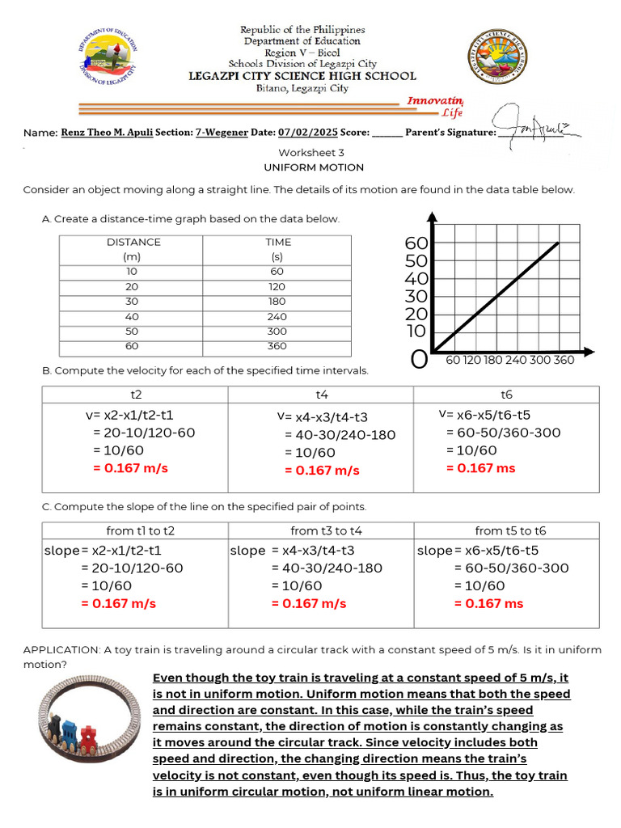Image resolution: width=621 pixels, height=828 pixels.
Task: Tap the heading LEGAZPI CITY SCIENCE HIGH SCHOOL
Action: (302, 76)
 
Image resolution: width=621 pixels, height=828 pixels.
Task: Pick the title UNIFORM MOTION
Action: (313, 167)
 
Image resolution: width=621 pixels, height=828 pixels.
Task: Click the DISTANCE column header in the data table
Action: (133, 242)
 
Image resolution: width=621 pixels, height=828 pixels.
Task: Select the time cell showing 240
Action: (278, 316)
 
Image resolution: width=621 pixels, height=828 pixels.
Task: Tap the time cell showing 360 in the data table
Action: (278, 346)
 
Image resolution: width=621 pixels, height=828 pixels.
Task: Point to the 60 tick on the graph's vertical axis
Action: (416, 243)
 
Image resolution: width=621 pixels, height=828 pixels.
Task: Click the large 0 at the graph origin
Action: (419, 359)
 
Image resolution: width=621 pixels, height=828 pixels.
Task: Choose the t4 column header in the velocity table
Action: (321, 395)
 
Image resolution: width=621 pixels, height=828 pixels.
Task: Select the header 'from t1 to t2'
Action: (141, 530)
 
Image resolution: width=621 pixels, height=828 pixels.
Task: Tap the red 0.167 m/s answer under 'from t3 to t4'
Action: (309, 603)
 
